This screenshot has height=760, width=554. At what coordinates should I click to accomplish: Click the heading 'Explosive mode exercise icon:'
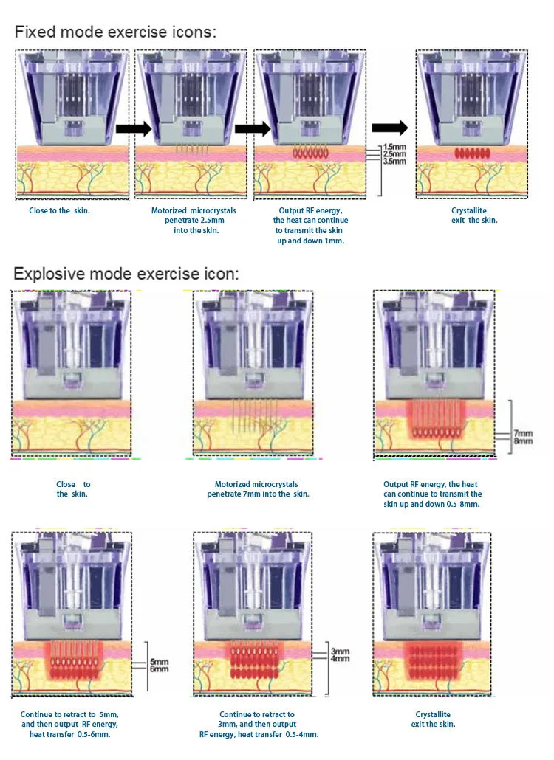pyautogui.click(x=126, y=274)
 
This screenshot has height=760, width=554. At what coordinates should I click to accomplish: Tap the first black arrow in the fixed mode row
pyautogui.click(x=134, y=129)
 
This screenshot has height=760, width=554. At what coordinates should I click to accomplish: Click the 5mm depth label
pyautogui.click(x=159, y=662)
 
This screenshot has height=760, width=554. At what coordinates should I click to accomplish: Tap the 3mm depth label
pyautogui.click(x=341, y=652)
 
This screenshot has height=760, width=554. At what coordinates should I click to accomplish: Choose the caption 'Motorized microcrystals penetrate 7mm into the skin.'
pyautogui.click(x=258, y=489)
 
